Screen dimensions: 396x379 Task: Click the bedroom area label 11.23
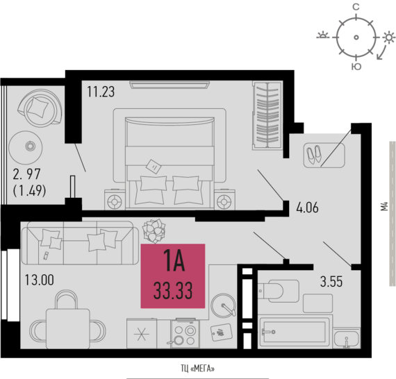pos(101,92)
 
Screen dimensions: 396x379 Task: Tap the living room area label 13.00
pos(40,280)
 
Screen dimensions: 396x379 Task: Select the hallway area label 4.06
pos(307,208)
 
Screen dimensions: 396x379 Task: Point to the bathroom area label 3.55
pos(331,281)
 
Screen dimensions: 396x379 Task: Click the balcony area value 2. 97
pos(27,174)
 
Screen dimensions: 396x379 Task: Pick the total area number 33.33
pos(173,291)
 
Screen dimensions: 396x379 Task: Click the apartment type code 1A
pos(174,261)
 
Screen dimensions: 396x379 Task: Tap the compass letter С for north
pos(356,7)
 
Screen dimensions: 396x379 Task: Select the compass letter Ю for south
pos(356,67)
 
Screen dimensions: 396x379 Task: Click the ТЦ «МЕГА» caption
pos(197,369)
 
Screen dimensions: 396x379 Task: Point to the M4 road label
pos(384,206)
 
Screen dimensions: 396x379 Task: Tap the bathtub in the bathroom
pos(295,332)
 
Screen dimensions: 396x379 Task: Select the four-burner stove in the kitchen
pos(185,334)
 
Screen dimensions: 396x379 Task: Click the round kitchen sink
pos(223,305)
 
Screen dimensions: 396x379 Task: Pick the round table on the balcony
pos(26,148)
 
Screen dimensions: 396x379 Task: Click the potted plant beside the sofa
pos(154,230)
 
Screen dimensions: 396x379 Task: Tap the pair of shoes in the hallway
pos(314,154)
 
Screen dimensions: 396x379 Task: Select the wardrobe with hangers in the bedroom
pos(267,115)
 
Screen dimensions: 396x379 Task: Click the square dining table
pos(68,329)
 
